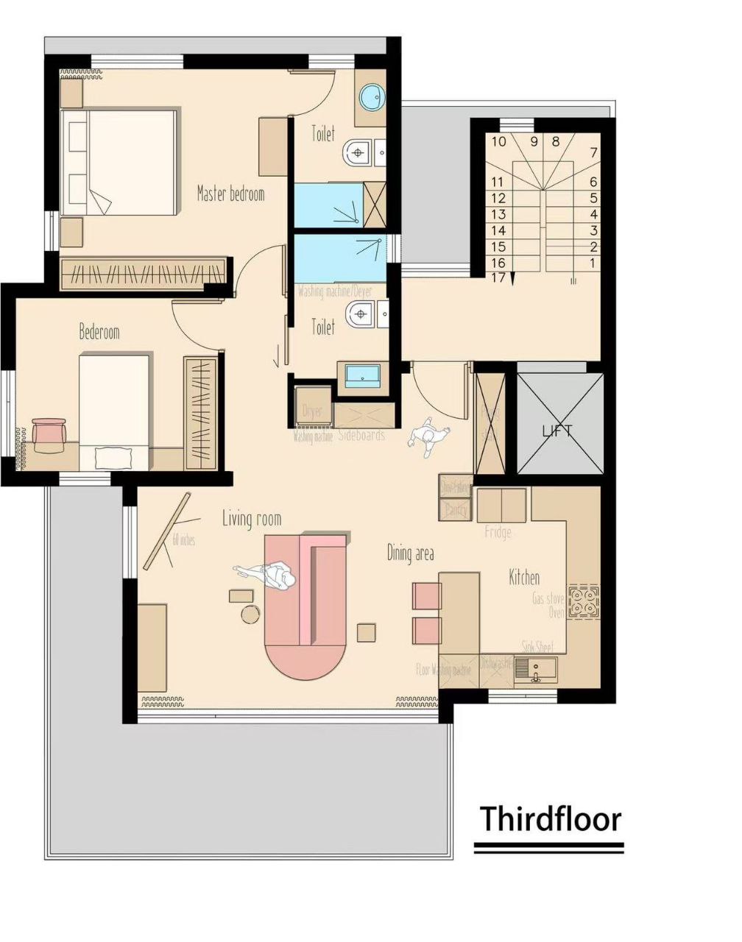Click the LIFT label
[556, 431]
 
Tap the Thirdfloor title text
[551, 818]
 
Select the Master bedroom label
[230, 194]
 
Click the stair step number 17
[498, 278]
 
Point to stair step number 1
[593, 263]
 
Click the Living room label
[252, 519]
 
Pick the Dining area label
[411, 553]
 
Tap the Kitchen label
[524, 578]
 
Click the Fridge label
[498, 532]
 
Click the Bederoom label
[99, 332]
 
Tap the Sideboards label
[361, 435]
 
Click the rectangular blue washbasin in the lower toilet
[363, 375]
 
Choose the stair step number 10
[498, 141]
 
